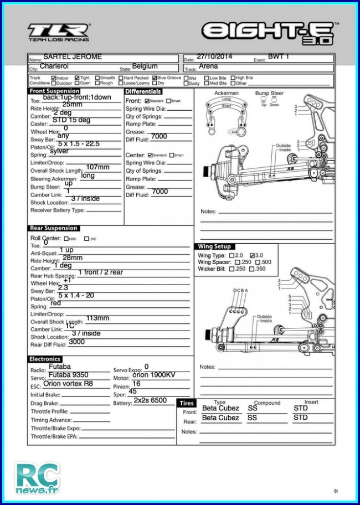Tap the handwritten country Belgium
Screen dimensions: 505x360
[145, 66]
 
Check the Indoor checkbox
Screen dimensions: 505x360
[54, 78]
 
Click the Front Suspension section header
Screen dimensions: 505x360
[54, 91]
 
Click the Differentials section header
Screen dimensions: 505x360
[143, 91]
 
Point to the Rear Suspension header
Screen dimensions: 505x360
[53, 228]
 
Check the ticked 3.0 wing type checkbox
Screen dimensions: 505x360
[253, 255]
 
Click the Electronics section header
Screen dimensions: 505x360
[45, 359]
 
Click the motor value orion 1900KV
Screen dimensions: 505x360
[154, 375]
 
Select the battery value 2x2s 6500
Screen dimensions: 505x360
[150, 400]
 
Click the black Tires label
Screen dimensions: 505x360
[186, 403]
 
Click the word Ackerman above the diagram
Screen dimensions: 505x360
[226, 94]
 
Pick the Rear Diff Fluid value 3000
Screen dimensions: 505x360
[77, 342]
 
